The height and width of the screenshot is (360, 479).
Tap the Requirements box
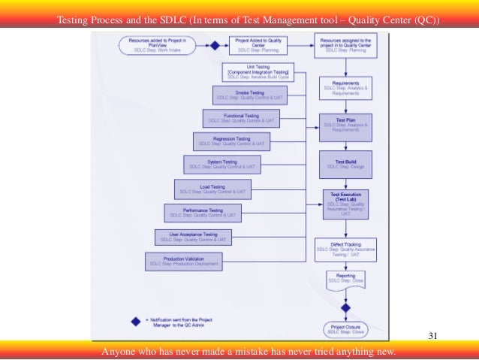(345, 88)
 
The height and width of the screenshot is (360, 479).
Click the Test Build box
(345, 163)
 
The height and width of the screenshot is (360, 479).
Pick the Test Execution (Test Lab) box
(345, 203)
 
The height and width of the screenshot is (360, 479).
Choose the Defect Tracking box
(345, 250)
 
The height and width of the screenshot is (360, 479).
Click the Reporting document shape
(345, 281)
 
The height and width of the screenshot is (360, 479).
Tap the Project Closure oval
(345, 329)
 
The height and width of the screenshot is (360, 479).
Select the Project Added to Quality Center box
(258, 45)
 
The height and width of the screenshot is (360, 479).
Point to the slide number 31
(432, 334)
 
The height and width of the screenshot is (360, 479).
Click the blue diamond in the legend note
(135, 321)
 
